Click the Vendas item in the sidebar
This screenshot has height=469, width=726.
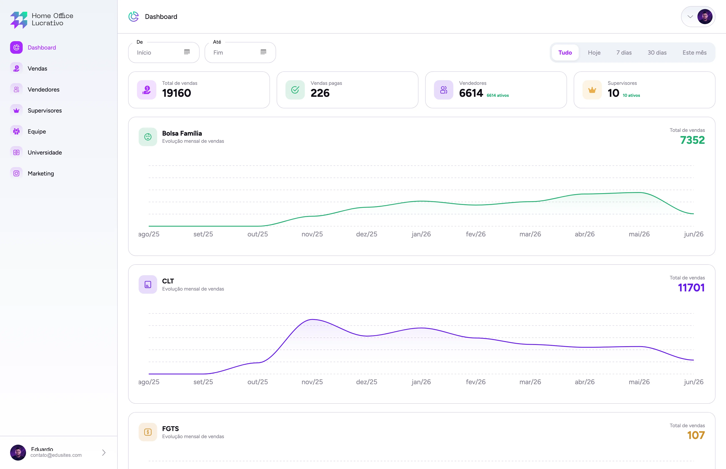37,68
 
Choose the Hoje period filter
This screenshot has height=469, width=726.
594,53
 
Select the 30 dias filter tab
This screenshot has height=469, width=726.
657,53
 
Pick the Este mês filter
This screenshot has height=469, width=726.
694,53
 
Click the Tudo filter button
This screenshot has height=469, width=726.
565,53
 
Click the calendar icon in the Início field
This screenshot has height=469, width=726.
187,52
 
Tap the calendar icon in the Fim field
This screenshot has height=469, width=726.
263,52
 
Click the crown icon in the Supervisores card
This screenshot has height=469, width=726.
592,90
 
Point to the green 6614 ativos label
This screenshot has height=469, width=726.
497,95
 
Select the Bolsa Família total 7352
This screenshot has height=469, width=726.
692,140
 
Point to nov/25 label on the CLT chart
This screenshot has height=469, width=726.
312,382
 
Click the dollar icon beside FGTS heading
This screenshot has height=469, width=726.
148,432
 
